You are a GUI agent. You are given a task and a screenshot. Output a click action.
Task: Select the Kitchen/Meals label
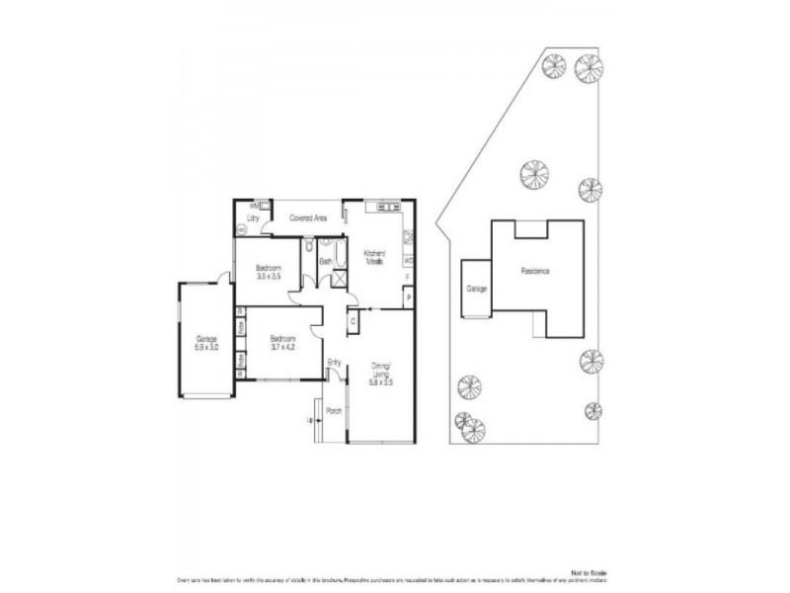click(x=374, y=257)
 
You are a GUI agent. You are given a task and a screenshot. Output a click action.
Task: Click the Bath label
click(x=325, y=261)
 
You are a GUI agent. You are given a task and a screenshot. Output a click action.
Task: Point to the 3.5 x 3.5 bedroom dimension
click(x=269, y=278)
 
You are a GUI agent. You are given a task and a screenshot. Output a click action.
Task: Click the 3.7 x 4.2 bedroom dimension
click(x=283, y=347)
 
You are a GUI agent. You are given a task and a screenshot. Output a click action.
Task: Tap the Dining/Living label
click(x=381, y=371)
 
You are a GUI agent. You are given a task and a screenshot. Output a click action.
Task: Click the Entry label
click(x=334, y=363)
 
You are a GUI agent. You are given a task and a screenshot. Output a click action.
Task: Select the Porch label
click(x=333, y=411)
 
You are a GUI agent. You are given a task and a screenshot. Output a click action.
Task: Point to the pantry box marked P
click(x=407, y=296)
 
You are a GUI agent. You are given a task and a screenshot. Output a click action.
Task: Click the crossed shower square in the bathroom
click(x=338, y=278)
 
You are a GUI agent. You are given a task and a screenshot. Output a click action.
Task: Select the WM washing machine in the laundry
click(x=254, y=206)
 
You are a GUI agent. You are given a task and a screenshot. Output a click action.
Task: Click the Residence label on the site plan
click(x=535, y=271)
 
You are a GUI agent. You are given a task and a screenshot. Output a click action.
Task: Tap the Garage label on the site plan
click(x=477, y=290)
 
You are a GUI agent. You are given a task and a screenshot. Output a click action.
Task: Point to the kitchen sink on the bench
click(x=382, y=207)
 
